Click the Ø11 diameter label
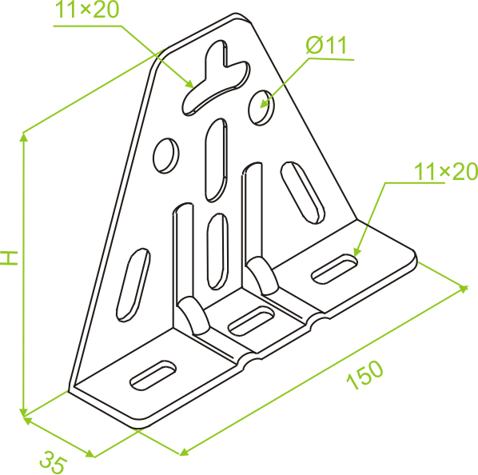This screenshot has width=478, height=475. click(326, 46)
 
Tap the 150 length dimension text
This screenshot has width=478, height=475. click(364, 375)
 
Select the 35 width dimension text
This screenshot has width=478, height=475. click(53, 461)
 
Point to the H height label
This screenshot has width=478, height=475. click(10, 258)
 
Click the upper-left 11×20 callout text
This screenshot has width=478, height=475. click(86, 10)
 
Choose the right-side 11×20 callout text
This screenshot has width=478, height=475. click(446, 171)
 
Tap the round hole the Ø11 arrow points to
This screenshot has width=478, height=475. click(261, 108)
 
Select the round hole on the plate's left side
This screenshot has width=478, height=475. click(165, 156)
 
